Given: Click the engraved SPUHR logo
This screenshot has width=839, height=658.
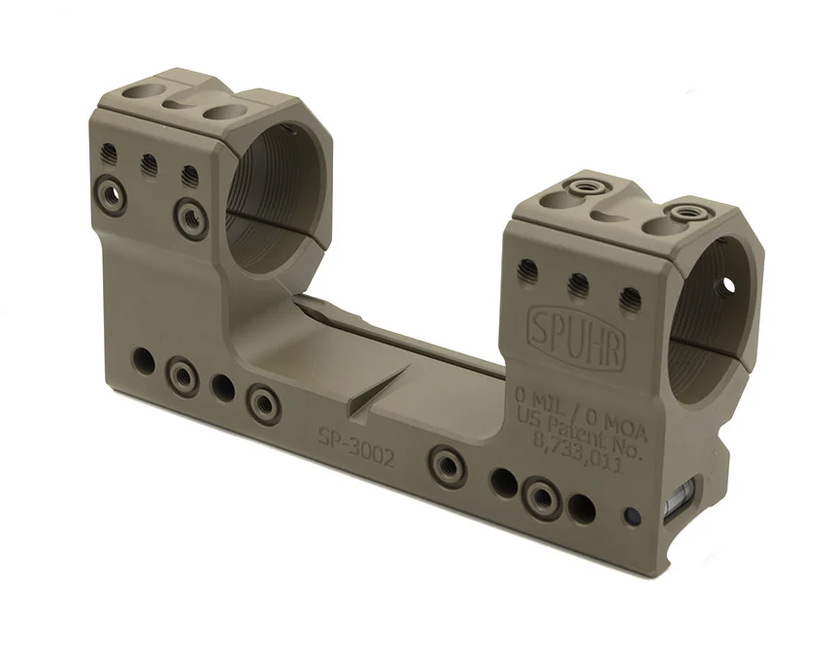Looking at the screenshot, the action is click(x=576, y=337).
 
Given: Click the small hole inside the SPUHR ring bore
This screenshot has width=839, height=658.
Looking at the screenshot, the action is click(x=727, y=284).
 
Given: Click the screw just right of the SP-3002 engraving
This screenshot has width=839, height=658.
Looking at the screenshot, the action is click(x=445, y=460).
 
